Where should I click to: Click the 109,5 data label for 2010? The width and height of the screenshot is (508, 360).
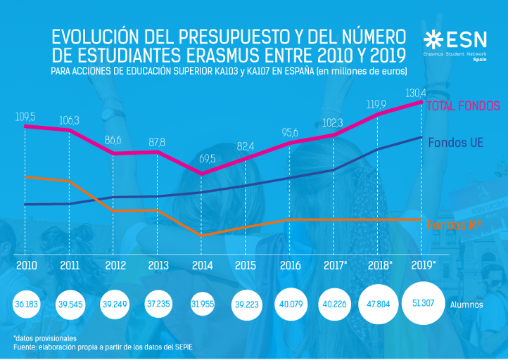click(25, 116)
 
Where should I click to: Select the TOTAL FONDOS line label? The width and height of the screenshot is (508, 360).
click(464, 106)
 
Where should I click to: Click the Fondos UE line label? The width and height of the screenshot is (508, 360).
click(455, 142)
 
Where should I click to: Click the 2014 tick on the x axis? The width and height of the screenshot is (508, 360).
click(202, 266)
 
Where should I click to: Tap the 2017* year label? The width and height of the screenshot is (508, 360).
click(336, 266)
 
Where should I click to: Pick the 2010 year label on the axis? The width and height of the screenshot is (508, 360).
click(26, 266)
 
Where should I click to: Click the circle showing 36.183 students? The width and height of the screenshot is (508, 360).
click(27, 304)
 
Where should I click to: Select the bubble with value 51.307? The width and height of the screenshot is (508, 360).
click(423, 304)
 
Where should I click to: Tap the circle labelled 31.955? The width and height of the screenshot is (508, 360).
click(202, 304)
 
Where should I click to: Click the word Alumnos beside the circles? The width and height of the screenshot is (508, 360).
click(466, 305)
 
